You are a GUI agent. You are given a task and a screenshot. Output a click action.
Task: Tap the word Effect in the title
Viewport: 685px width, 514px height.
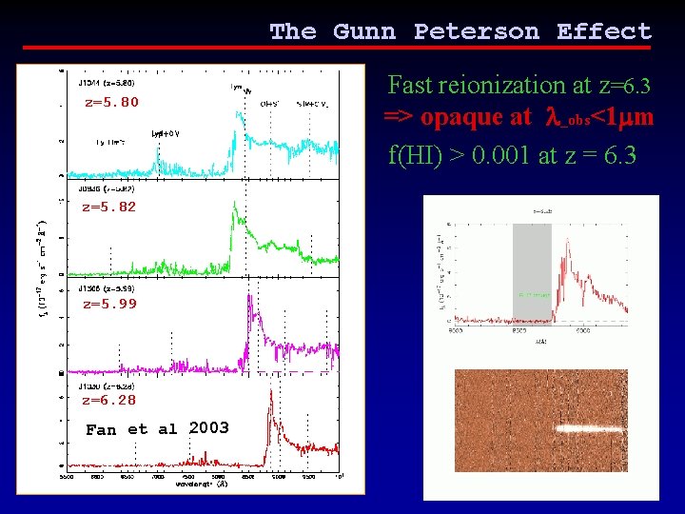click(x=604, y=31)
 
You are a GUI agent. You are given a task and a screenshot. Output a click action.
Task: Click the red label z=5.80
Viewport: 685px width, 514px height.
click(x=111, y=102)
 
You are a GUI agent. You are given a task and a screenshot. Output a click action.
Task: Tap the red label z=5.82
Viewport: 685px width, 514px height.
click(x=108, y=207)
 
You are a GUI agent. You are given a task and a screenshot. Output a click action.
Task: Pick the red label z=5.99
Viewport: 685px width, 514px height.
click(x=109, y=305)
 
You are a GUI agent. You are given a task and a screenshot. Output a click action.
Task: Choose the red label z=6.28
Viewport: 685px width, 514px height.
click(x=108, y=401)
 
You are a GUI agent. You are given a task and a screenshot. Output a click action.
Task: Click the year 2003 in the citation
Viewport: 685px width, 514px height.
click(x=208, y=428)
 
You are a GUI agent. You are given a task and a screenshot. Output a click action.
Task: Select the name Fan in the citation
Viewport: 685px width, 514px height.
click(x=101, y=429)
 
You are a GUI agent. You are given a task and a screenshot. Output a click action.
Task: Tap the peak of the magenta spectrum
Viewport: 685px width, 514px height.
click(x=250, y=297)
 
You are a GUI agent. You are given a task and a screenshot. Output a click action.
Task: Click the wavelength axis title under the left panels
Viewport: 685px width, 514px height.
click(x=202, y=484)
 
